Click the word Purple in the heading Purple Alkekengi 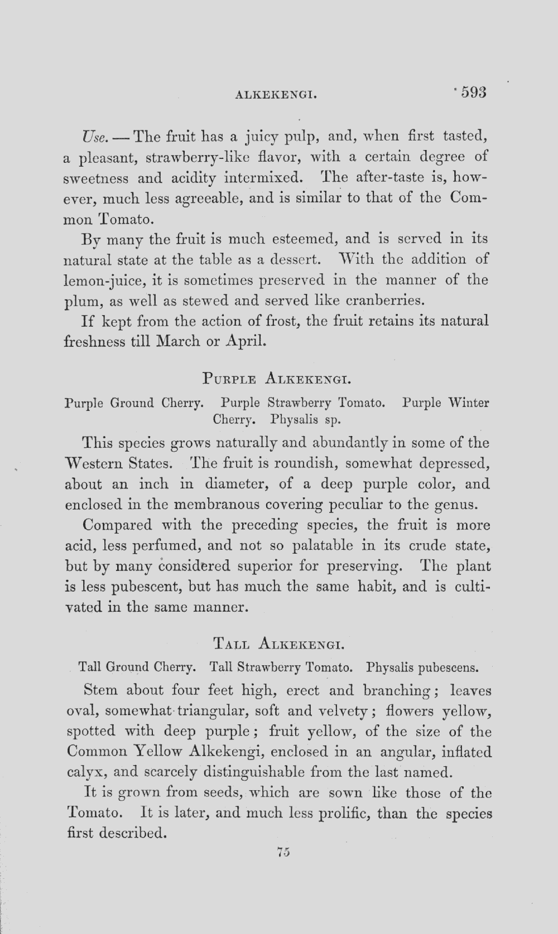(229, 381)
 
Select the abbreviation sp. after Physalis (333, 418)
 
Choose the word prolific (343, 814)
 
